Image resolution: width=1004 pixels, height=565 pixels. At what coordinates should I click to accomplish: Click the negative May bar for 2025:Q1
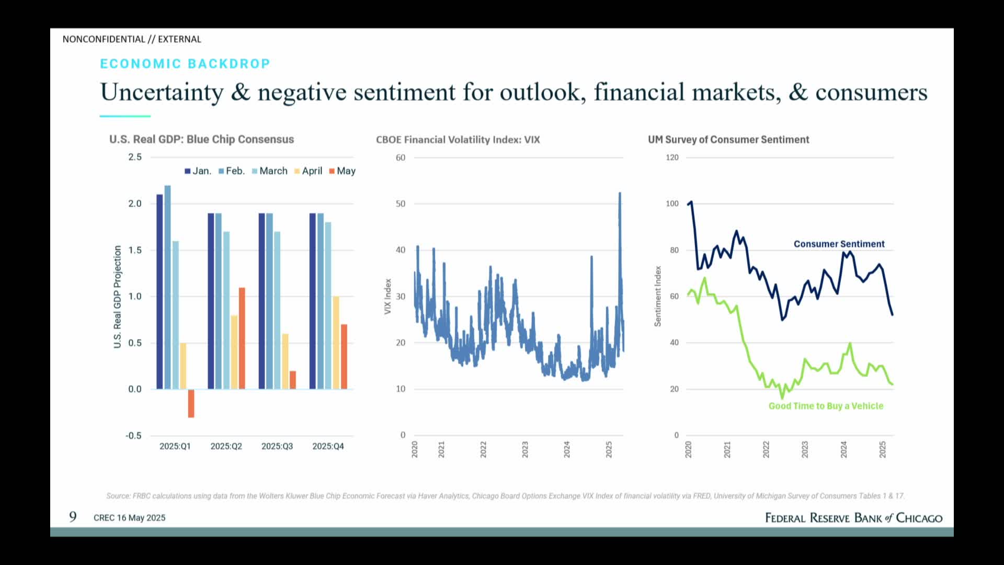191,403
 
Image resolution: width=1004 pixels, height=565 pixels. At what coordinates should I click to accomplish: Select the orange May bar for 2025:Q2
242,338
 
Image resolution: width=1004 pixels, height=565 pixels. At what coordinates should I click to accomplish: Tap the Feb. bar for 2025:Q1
167,287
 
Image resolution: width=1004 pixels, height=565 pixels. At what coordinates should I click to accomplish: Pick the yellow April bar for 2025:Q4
336,343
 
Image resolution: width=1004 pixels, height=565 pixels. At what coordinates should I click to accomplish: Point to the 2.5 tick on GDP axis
135,157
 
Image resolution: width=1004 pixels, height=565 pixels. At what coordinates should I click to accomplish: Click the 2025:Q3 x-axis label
277,446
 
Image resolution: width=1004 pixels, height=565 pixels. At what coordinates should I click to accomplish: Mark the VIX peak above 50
620,195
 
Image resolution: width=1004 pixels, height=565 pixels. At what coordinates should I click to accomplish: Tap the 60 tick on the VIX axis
401,157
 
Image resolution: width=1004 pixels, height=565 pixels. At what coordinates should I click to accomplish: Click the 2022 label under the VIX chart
483,449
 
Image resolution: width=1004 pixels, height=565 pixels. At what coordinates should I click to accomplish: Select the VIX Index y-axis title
388,296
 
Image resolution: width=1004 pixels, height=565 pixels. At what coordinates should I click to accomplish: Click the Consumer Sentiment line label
839,244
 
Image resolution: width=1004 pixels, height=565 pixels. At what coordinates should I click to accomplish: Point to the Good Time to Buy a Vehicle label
826,406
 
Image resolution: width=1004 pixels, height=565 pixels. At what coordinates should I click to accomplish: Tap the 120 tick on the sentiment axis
672,157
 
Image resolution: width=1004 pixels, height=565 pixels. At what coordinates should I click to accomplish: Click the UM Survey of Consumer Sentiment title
728,140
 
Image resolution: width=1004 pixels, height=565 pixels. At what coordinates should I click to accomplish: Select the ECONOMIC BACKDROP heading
185,64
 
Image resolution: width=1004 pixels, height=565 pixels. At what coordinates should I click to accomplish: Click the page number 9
73,517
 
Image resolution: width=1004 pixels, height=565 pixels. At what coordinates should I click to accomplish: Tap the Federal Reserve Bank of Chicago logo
853,518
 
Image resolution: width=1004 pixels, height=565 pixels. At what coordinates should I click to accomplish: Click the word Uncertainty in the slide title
162,93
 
